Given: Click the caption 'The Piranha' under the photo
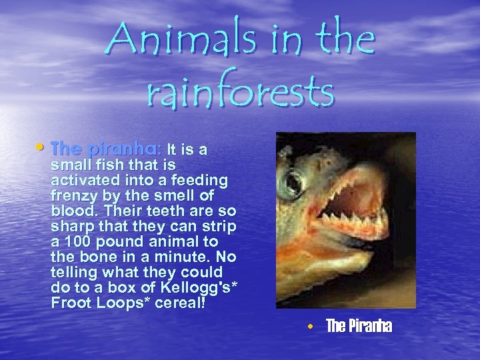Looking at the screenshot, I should pos(359,326).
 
